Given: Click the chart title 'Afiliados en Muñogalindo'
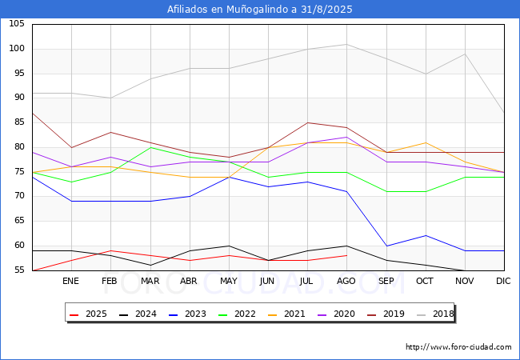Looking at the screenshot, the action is (228, 10).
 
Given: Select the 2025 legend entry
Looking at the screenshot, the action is (88, 314).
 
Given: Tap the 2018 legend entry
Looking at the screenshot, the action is (435, 314).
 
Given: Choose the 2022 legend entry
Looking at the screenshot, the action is (237, 314).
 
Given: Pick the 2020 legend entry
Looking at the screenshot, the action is (336, 314).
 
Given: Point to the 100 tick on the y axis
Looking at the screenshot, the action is (17, 48).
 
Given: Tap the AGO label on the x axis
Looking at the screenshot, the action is (346, 281).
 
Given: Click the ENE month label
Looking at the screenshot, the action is (70, 281).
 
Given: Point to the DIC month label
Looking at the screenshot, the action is (503, 281).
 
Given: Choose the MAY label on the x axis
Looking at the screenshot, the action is (229, 281).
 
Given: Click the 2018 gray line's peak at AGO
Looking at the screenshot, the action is (347, 44).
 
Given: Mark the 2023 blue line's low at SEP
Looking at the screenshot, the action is (386, 246).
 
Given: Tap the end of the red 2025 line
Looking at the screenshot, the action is (347, 255).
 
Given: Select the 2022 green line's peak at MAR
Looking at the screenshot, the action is (150, 147).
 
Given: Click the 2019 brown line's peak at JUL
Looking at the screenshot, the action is (308, 122).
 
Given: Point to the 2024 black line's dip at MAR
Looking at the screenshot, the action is (150, 265).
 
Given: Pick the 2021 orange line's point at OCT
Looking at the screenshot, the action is (426, 142).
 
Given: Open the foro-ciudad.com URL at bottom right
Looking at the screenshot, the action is (458, 347).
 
